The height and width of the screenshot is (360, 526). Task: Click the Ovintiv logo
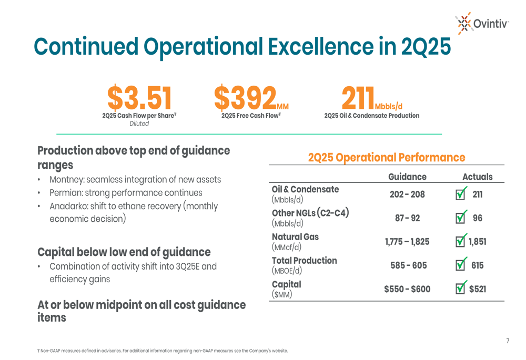click(482, 23)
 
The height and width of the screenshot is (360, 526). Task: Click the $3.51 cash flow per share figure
click(139, 98)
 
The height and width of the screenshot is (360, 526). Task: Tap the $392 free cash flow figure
click(246, 98)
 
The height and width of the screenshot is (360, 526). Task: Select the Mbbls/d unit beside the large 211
click(388, 107)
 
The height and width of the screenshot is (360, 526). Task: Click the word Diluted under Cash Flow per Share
click(139, 124)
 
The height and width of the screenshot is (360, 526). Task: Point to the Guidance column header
click(407, 177)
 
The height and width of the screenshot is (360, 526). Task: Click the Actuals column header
click(477, 177)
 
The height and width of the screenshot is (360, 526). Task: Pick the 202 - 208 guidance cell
click(407, 194)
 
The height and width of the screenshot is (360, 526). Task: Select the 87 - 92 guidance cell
click(407, 218)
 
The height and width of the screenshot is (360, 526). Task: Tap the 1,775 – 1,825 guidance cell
click(407, 242)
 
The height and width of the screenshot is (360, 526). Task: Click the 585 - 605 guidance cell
click(409, 265)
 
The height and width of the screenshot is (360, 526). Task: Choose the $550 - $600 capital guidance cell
click(407, 289)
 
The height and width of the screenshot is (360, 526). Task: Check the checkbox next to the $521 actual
click(460, 289)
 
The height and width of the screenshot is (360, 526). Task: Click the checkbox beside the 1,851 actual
click(460, 241)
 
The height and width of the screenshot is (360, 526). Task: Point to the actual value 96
click(477, 218)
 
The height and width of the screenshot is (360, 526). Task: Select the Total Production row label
click(304, 261)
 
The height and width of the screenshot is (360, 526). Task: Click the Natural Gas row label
click(295, 237)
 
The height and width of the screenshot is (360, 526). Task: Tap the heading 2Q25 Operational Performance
click(387, 158)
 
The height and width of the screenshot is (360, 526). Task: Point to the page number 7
click(508, 342)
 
